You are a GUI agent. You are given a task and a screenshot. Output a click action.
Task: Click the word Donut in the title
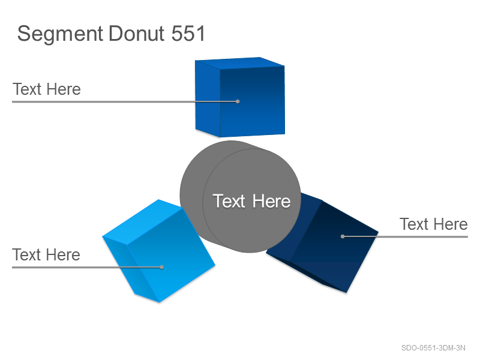point(137,34)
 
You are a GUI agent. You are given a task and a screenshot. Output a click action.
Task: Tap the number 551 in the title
point(188,34)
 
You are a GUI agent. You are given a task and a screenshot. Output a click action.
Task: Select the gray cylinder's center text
point(251,201)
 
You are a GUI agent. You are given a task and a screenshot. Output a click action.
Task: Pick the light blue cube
point(158,251)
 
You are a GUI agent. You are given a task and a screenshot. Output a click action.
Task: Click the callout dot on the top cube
point(238,101)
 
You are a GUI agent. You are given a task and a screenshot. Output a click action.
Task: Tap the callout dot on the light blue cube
point(161,267)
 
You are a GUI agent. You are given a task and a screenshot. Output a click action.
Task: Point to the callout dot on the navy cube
point(343,236)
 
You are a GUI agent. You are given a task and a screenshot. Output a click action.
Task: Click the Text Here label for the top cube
point(47,89)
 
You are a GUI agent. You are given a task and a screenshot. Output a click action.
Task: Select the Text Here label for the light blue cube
point(46,254)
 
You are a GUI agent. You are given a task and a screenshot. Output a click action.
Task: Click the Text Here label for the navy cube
point(433,224)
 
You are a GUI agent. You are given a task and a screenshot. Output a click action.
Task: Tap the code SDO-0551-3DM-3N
point(433,348)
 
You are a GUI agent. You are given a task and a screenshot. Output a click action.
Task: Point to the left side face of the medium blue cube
point(208,98)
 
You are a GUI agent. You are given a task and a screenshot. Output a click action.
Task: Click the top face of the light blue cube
point(143,221)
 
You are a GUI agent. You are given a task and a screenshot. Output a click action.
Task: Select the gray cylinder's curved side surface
point(191,196)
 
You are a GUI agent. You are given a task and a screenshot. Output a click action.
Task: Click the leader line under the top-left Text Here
point(125,101)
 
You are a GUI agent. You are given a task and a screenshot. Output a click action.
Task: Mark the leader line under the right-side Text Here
point(406,236)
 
